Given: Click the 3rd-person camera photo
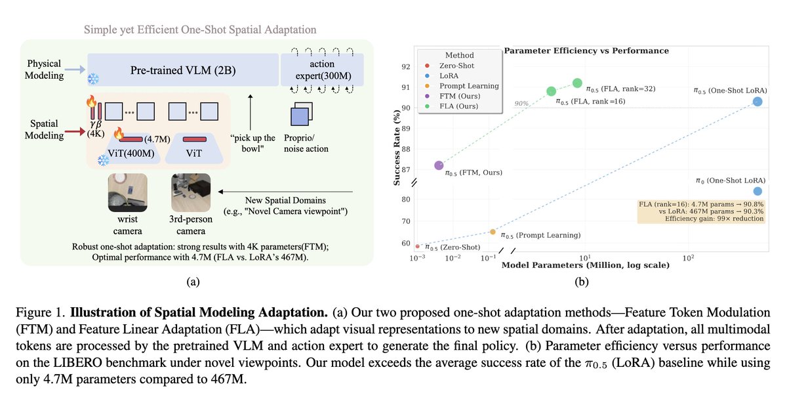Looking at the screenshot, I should [190, 192].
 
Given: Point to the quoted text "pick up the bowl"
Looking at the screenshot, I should [252, 143].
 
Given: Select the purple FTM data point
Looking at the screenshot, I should [439, 166].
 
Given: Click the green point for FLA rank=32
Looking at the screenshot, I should [577, 83].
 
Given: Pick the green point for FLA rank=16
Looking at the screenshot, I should [552, 91].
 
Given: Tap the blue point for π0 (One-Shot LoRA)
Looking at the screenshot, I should [757, 191].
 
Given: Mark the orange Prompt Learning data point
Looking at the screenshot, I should [493, 232].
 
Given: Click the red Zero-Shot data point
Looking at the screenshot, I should [418, 246].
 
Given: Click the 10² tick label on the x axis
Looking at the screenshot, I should [689, 258].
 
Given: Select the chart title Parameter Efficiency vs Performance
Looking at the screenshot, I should [586, 51].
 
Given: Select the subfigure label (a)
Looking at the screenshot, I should [193, 282].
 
